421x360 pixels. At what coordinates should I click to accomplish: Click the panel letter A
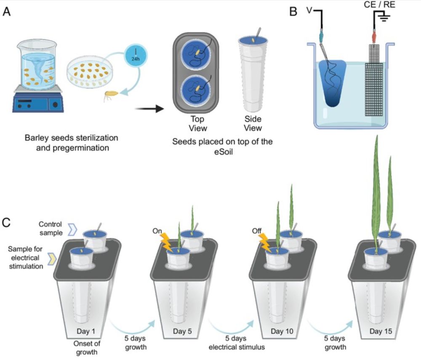(7, 12)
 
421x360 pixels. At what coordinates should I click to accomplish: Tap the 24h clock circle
(137, 58)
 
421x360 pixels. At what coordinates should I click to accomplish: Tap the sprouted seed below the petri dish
(111, 98)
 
